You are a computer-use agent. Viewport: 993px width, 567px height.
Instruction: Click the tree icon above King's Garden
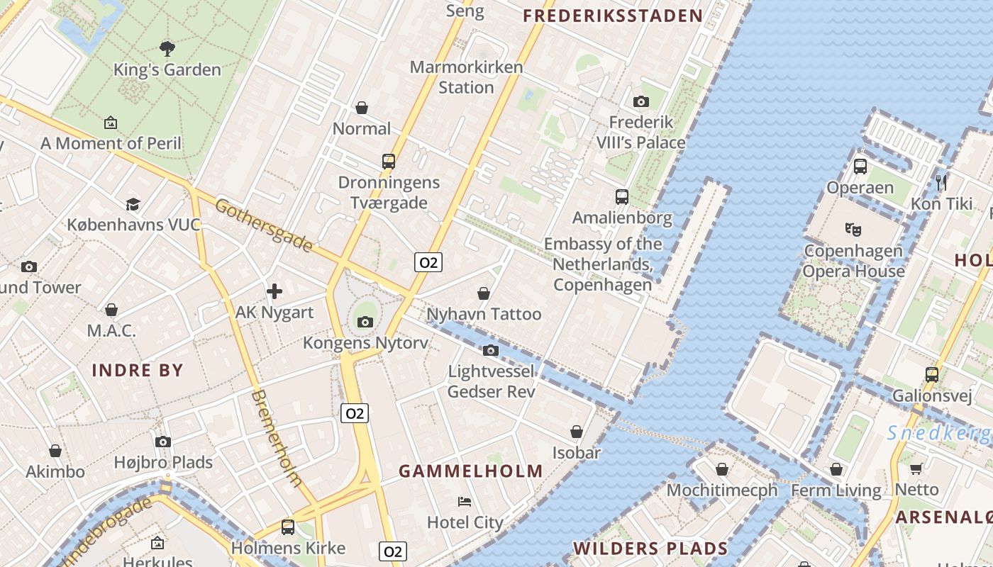[x=167, y=48]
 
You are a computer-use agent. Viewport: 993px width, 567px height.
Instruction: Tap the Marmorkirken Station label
[x=466, y=77]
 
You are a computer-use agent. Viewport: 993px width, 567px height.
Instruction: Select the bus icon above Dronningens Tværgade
[x=388, y=161]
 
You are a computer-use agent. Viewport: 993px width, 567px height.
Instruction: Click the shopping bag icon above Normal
[x=362, y=108]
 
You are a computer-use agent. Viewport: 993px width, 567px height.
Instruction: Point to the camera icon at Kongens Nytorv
[x=365, y=322]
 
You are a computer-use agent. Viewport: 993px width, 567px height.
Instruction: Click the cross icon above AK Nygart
[x=274, y=291]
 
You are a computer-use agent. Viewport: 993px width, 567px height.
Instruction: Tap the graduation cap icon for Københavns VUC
[x=133, y=205]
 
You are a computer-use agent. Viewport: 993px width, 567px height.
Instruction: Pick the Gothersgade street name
[x=263, y=225]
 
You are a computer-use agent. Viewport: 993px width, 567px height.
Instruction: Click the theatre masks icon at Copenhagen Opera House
[x=853, y=229]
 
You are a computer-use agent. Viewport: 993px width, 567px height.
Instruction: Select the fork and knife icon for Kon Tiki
[x=941, y=183]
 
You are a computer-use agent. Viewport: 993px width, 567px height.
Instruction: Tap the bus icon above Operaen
[x=860, y=167]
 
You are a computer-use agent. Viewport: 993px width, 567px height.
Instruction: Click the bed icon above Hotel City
[x=465, y=502]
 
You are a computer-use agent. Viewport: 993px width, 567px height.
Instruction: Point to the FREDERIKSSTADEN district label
[x=613, y=16]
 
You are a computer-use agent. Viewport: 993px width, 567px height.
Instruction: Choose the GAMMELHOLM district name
[x=471, y=471]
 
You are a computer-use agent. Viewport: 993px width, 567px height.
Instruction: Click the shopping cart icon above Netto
[x=916, y=468]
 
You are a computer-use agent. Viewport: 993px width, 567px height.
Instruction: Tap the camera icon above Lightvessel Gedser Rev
[x=490, y=350]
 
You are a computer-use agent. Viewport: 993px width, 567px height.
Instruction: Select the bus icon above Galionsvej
[x=932, y=374]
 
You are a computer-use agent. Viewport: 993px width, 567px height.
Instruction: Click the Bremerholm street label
[x=276, y=438]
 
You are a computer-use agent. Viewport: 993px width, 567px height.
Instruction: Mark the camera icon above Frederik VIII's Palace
[x=640, y=101]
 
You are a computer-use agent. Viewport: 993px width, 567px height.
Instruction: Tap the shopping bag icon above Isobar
[x=577, y=432]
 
